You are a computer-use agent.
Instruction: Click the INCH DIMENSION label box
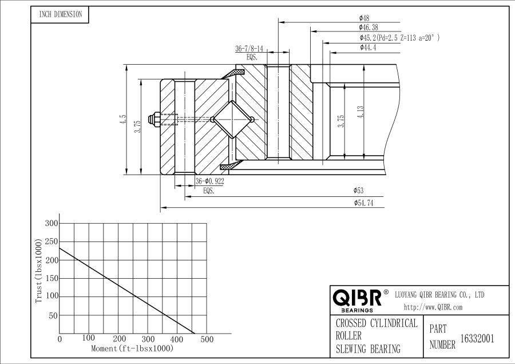[x=60, y=15]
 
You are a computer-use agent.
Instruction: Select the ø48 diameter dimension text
[x=364, y=18]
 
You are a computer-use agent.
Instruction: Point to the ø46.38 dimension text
[x=368, y=27]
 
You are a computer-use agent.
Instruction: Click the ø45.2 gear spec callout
[x=399, y=38]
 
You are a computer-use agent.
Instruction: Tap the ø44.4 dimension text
[x=368, y=48]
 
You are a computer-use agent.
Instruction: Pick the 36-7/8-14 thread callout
[x=249, y=49]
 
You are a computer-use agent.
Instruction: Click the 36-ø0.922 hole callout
[x=209, y=181]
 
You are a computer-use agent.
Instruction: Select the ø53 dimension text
[x=359, y=190]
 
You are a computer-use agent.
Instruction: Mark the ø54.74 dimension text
[x=364, y=203]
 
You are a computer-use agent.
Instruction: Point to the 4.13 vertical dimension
[x=360, y=112]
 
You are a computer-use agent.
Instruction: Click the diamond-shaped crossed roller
[x=232, y=120]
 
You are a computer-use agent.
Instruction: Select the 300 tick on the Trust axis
[x=51, y=223]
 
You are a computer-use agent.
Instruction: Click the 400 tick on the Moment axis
[x=177, y=339]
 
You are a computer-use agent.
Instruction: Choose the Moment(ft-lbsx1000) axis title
[x=132, y=348]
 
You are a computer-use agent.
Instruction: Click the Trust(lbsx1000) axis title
[x=39, y=271]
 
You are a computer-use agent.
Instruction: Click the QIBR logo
[x=357, y=298]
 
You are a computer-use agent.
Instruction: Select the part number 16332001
[x=477, y=338]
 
